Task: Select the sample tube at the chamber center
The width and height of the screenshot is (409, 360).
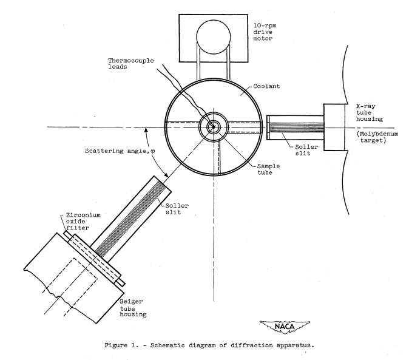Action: pos(213,127)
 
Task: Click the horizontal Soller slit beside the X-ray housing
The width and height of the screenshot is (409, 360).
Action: pos(296,127)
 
